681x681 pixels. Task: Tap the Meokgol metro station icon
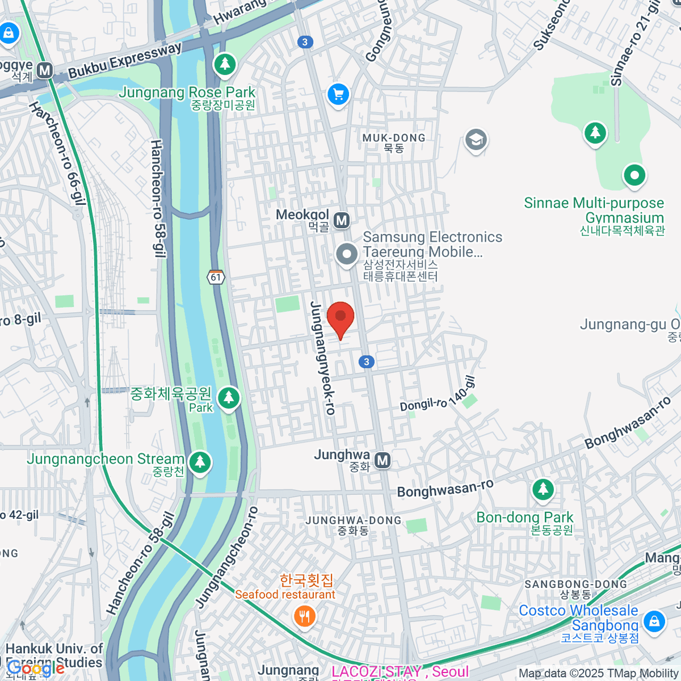(x=341, y=220)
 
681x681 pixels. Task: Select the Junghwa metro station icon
(x=383, y=460)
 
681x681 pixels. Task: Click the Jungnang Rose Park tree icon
(x=225, y=64)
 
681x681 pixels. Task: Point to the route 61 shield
(x=216, y=277)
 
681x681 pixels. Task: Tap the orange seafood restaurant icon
(x=305, y=616)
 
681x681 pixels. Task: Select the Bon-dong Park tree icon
(x=543, y=489)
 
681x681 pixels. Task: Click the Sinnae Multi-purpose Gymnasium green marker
(x=634, y=175)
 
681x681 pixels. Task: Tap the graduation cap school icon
(x=476, y=140)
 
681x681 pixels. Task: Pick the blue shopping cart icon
(x=339, y=94)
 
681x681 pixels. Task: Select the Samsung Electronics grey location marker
(x=347, y=255)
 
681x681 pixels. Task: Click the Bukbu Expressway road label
(x=124, y=61)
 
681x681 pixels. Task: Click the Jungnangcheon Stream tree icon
(x=199, y=462)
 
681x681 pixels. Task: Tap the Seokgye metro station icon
(x=44, y=71)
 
